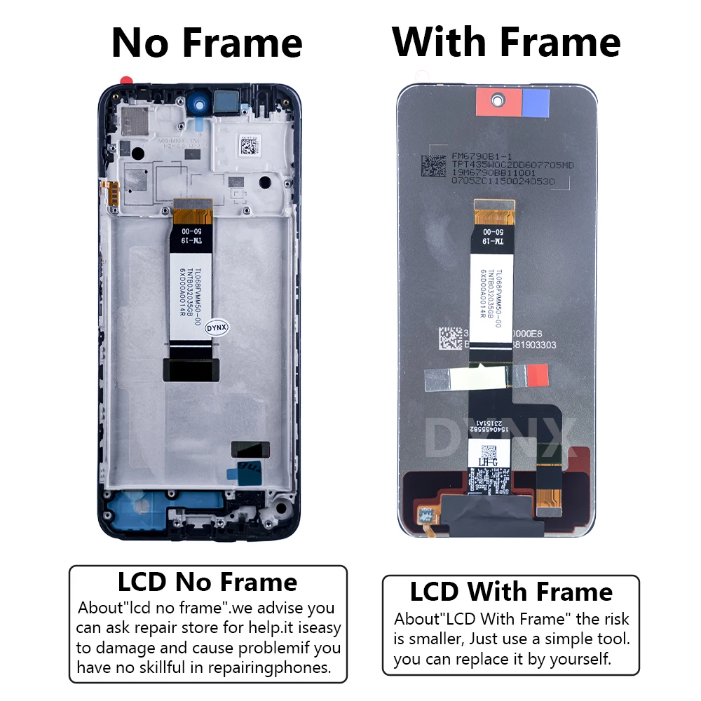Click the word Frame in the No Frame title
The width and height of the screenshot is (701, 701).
click(243, 43)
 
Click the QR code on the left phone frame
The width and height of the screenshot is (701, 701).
click(249, 147)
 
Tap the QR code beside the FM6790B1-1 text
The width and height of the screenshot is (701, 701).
click(433, 165)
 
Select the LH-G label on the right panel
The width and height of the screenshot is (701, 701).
click(487, 461)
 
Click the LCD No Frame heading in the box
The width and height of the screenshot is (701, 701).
click(207, 582)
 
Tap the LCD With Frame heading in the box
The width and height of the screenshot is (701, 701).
click(511, 592)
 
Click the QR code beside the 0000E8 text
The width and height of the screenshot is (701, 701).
click(449, 339)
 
